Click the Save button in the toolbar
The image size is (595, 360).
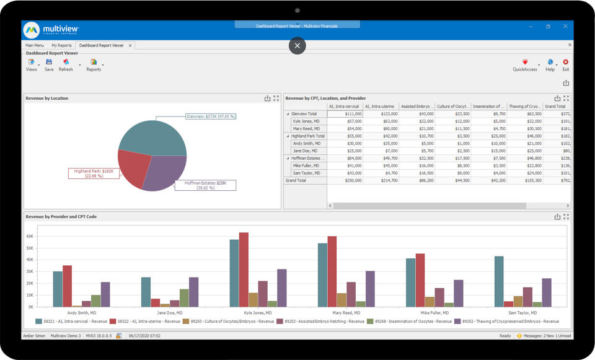[x=49, y=65]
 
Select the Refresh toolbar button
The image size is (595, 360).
[x=66, y=65]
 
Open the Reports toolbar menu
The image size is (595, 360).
[x=94, y=65]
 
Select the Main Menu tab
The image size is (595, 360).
[x=35, y=45]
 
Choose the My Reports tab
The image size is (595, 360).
[x=61, y=45]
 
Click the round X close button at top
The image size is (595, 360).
[x=297, y=45]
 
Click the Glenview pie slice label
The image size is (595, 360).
[x=211, y=116]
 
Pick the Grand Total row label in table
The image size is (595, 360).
[x=296, y=180]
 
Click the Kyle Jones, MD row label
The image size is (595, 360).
[x=306, y=121]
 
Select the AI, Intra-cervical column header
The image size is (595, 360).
[x=344, y=107]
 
